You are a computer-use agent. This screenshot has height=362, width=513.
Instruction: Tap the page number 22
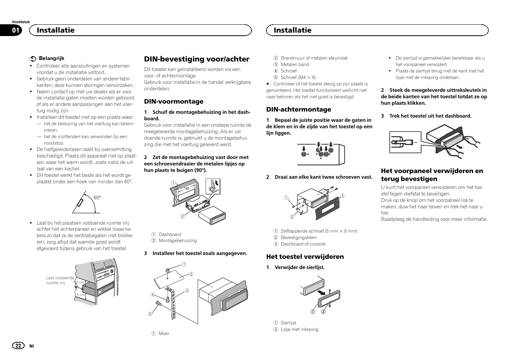tap(17, 346)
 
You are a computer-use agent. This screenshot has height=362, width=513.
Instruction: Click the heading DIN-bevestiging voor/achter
tap(197, 59)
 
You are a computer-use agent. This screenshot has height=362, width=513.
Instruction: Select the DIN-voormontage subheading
tap(173, 101)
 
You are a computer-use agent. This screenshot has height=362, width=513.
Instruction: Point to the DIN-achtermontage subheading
tap(298, 109)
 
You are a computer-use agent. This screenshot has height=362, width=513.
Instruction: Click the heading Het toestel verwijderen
tap(305, 257)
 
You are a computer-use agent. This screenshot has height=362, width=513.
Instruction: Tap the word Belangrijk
tap(52, 58)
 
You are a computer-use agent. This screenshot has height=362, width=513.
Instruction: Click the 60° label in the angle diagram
tap(98, 197)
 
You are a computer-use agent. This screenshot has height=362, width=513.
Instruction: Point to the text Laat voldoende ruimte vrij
tap(60, 280)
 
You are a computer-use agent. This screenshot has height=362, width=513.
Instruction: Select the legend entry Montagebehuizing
tap(177, 241)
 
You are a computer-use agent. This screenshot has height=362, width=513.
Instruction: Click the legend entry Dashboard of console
tap(303, 244)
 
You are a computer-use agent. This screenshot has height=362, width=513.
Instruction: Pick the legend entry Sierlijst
tap(288, 323)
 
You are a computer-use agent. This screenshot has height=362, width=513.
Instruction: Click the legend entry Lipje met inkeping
tap(299, 329)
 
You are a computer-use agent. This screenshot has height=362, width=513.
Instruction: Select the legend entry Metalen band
tap(294, 65)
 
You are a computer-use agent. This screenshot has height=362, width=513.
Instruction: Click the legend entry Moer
tap(164, 334)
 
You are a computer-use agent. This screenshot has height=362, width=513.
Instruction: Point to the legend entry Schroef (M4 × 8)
tap(298, 77)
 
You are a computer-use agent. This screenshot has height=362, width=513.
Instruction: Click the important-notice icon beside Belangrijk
tap(33, 59)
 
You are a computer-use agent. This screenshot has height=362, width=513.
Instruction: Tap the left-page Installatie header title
tap(55, 30)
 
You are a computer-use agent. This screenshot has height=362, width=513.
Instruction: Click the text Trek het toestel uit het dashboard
tap(430, 116)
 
